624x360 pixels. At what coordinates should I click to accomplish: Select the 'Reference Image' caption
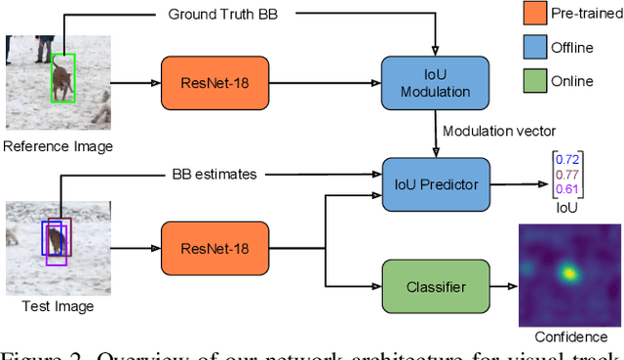[x=57, y=146]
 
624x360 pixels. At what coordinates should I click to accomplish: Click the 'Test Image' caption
[x=57, y=306]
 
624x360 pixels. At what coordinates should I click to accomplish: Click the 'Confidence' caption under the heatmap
[x=569, y=337]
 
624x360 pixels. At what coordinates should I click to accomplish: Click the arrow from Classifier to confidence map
[x=498, y=287]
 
